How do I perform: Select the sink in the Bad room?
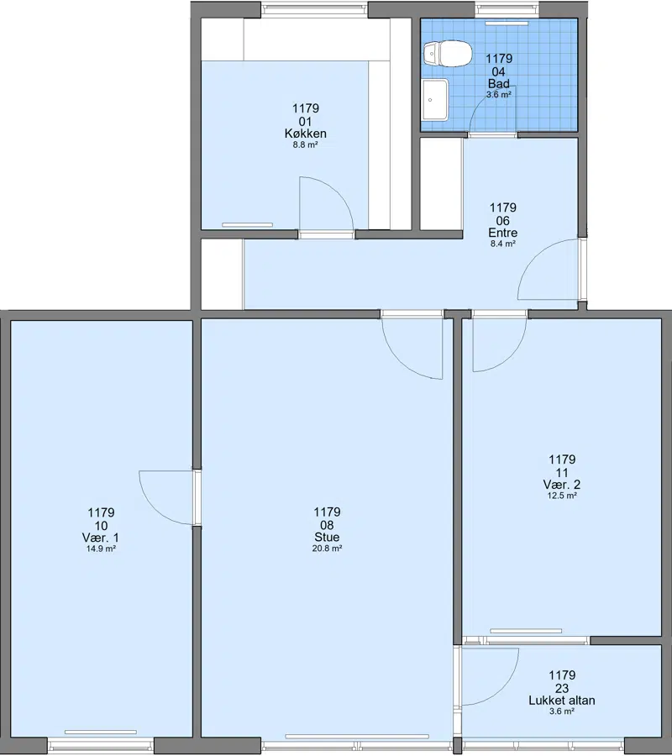(x=435, y=100)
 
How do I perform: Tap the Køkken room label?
(x=306, y=134)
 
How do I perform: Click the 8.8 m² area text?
(x=306, y=144)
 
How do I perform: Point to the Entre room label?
(x=503, y=233)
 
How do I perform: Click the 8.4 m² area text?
(x=503, y=244)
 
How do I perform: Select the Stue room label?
(x=327, y=537)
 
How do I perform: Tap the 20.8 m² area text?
(x=327, y=549)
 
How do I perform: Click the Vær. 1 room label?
(x=101, y=538)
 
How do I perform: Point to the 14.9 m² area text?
(x=101, y=549)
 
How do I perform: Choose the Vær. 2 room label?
(x=562, y=485)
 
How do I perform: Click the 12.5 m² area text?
(x=562, y=496)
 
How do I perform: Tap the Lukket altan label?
(x=562, y=701)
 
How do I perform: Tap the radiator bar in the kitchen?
(x=247, y=224)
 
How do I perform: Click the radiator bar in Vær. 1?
(x=100, y=732)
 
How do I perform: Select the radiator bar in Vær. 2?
(x=526, y=631)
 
